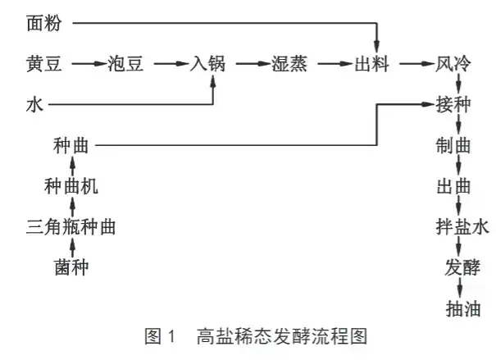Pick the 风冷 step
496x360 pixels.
coord(454,63)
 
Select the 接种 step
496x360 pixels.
coord(455,106)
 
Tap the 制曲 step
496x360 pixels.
coord(455,146)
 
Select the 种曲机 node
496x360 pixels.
coord(71,187)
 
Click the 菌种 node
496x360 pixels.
coord(71,267)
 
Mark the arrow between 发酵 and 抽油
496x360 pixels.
coord(461,288)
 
